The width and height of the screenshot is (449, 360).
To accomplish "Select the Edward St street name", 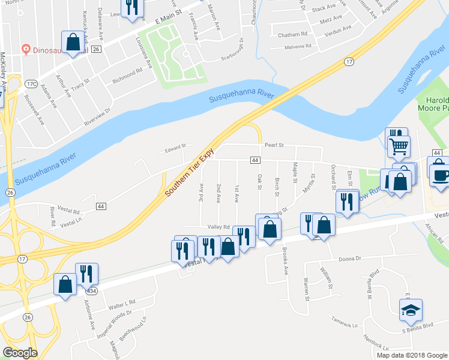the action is tap(176, 146).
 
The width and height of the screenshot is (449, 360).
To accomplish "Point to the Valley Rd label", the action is tap(219, 227).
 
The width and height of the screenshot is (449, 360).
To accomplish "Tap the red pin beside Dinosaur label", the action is tap(26, 48).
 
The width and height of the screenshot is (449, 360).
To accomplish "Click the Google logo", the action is tap(20, 353).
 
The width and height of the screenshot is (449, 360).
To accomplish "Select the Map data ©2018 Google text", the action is tap(412, 355).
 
